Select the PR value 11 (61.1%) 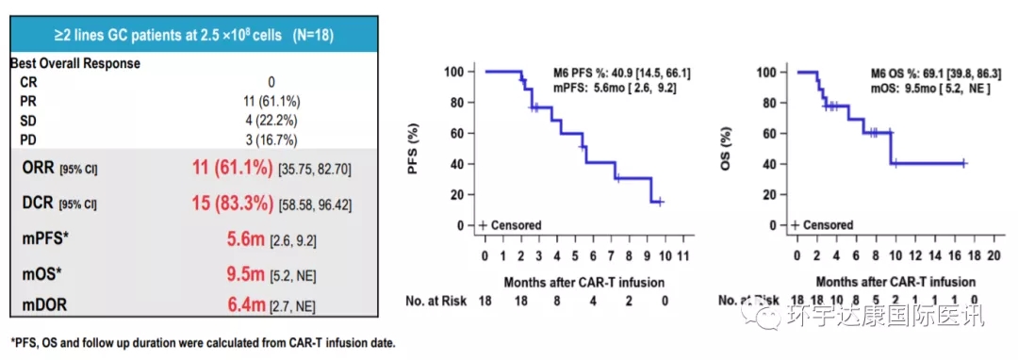click(271, 101)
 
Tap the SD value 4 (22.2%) click(271, 121)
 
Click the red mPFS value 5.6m click(245, 239)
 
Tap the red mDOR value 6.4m click(245, 305)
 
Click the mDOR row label click(44, 304)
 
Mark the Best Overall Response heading click(76, 64)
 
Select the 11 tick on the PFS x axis click(682, 254)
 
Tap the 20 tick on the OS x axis click(992, 254)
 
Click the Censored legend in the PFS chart click(510, 225)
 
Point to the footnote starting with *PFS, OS click(202, 342)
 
